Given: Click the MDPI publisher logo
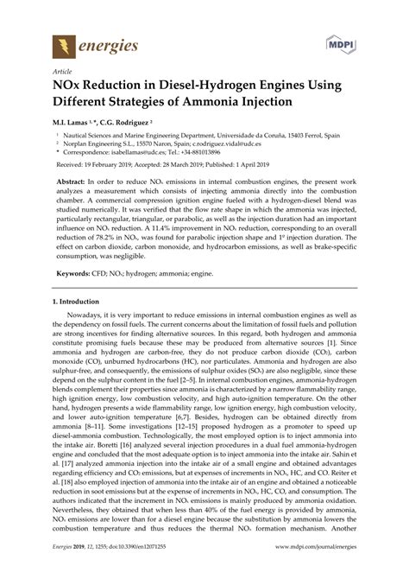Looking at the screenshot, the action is point(343,41).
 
